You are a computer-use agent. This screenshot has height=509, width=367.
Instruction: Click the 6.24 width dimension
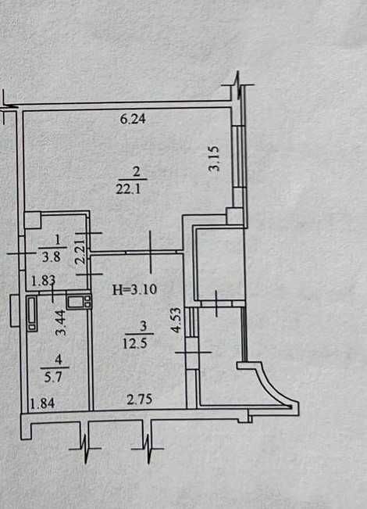tap(133, 119)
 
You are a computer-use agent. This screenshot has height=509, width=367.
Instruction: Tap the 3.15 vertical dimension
tap(214, 159)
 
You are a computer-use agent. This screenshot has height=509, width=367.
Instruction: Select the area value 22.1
tap(128, 189)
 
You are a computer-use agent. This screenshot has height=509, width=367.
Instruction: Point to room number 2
tap(136, 171)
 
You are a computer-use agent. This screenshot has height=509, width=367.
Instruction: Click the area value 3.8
tap(52, 257)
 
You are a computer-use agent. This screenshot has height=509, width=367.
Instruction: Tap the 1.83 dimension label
tap(43, 281)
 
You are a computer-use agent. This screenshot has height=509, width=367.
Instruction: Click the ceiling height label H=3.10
tap(134, 289)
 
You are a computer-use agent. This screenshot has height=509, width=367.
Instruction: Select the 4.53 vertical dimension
tap(176, 320)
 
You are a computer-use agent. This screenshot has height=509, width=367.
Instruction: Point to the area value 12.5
tap(135, 343)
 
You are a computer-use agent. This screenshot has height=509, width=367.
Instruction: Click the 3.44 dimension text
tap(61, 323)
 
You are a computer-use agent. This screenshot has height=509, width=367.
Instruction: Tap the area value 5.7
tap(53, 377)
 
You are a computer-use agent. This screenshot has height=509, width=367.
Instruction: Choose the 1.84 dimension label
tap(42, 403)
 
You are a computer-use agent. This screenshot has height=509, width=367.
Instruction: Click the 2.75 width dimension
tap(140, 400)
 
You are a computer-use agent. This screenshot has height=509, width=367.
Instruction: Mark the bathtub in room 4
tap(32, 314)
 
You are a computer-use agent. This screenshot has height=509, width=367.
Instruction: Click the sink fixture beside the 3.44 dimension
tap(79, 301)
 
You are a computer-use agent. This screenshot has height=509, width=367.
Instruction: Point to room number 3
tap(144, 326)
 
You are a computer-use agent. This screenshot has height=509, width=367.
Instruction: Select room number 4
tap(59, 360)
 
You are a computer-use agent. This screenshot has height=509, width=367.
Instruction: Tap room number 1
tap(58, 240)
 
